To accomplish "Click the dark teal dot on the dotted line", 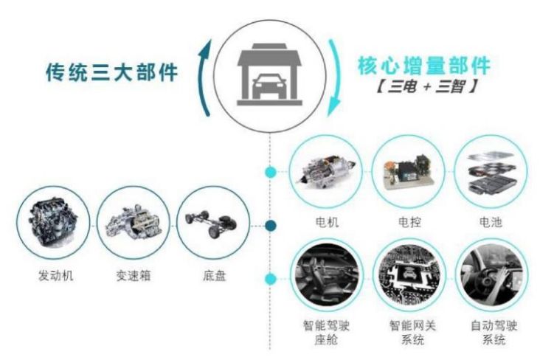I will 271,225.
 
